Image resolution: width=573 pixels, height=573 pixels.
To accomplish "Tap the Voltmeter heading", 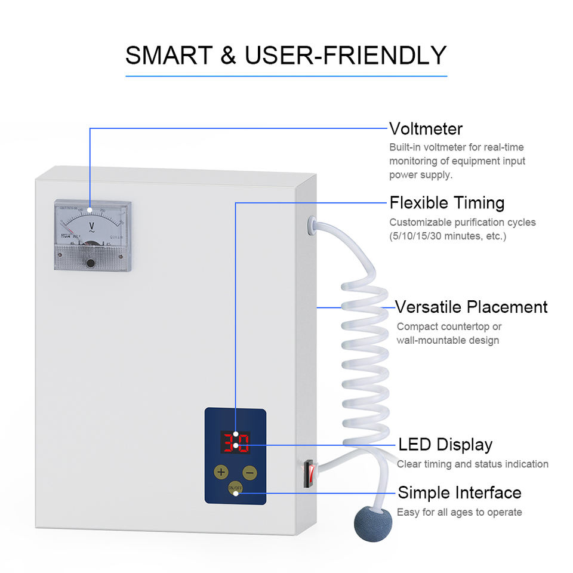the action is tap(426, 128).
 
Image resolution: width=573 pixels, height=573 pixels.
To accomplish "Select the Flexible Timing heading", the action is tap(446, 202).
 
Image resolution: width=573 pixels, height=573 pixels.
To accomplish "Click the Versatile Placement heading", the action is tap(472, 307).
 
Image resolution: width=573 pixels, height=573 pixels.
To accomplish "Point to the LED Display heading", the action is tap(445, 445).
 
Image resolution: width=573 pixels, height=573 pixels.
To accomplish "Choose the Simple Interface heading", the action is tap(460, 492).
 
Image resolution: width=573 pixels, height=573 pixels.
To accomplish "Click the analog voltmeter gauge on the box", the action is tap(93, 235).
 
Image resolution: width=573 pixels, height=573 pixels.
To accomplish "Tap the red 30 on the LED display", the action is tap(235, 443).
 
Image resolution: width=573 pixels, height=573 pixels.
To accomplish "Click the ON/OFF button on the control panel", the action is tap(235, 488).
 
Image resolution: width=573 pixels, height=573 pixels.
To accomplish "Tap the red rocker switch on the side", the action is tap(307, 472).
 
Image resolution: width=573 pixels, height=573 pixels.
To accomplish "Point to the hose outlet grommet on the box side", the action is tap(310, 225).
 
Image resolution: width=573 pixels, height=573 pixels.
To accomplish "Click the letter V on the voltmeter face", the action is tap(92, 226).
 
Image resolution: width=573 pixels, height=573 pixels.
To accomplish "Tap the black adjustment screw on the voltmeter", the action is tap(90, 263).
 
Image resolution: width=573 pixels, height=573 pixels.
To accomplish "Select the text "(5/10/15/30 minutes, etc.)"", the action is tap(448, 236).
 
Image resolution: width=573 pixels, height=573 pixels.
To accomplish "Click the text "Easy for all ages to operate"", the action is tap(459, 512).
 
